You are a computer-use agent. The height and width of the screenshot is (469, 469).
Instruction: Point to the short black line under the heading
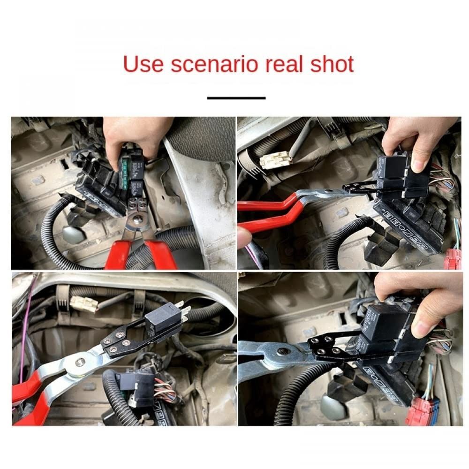(x=236, y=98)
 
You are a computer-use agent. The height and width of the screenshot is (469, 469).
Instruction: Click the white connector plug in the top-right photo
(x=276, y=160)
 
